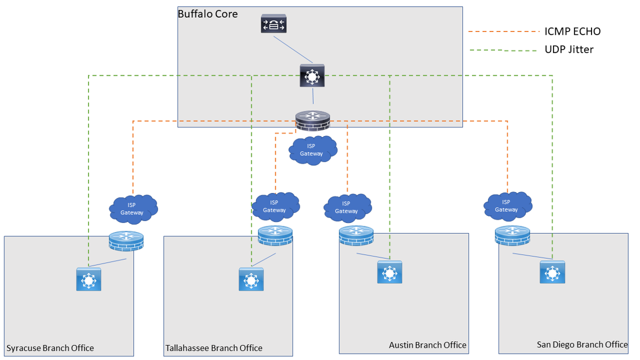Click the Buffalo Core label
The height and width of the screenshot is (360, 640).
click(x=207, y=14)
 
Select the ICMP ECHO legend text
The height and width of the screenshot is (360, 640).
click(x=572, y=31)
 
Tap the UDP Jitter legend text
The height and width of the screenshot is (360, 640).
click(x=569, y=50)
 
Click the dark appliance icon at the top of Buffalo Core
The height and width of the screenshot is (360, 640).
click(x=274, y=24)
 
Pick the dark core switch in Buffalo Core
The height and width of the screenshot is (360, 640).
click(x=312, y=76)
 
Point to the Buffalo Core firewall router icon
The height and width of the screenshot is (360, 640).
click(x=313, y=120)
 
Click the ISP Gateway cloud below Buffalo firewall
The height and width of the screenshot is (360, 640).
click(x=312, y=150)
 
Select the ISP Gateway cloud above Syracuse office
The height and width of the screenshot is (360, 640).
click(x=133, y=209)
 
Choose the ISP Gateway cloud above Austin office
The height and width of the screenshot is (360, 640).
click(x=347, y=207)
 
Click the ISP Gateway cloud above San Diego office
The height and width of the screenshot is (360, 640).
click(x=507, y=205)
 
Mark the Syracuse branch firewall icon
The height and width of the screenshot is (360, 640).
click(x=126, y=241)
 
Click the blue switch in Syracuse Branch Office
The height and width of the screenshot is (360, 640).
click(x=89, y=278)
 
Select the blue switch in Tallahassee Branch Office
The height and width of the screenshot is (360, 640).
click(x=251, y=279)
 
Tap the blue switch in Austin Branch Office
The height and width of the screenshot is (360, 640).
click(x=390, y=272)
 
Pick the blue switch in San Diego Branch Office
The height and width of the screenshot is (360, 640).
click(x=553, y=272)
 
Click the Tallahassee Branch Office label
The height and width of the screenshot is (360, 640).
click(x=214, y=348)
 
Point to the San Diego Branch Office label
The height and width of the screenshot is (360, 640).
click(x=582, y=345)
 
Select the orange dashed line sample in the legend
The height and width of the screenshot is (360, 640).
click(x=504, y=32)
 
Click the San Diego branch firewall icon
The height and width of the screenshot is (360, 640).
click(x=512, y=236)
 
